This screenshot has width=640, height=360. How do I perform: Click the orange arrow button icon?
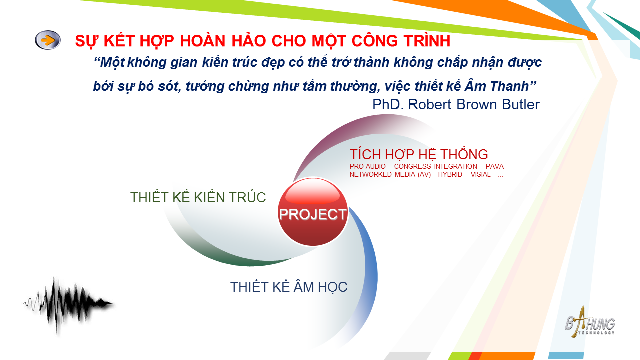tap(48, 40)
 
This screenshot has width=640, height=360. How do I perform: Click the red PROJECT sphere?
tap(313, 212)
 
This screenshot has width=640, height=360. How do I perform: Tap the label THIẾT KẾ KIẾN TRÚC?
tap(198, 197)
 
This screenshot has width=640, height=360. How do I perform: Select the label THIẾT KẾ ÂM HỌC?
tap(289, 287)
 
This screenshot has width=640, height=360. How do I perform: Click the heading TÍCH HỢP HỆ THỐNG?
tap(419, 155)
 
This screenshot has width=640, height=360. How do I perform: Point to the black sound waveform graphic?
tap(68, 305)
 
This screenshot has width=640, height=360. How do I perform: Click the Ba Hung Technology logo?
tap(590, 323)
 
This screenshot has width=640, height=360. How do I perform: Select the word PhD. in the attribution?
tap(388, 104)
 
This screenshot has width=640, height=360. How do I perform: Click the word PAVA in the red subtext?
tap(495, 166)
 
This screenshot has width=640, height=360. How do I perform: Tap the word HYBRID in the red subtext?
tap(450, 174)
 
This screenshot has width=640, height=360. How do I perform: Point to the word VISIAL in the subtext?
tap(481, 174)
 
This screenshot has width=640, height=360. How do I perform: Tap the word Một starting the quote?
tap(112, 62)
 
